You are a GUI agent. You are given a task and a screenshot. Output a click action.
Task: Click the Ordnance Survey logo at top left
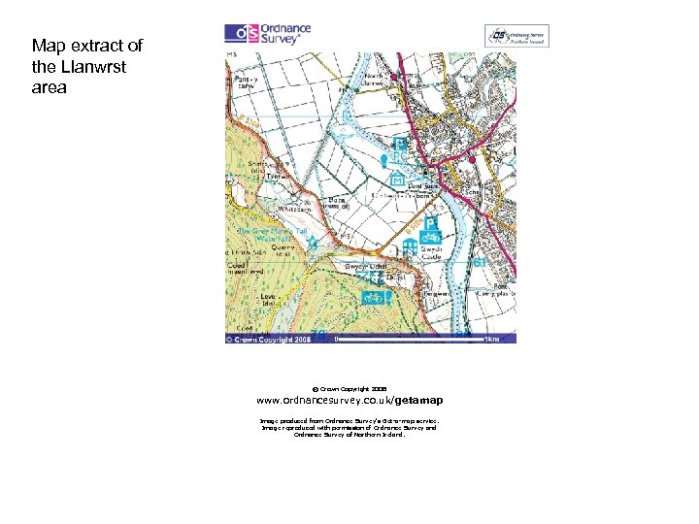coord(269,34)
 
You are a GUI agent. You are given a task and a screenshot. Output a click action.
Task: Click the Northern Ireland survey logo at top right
coord(517,37)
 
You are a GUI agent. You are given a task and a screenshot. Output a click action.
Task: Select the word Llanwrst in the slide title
coord(99,66)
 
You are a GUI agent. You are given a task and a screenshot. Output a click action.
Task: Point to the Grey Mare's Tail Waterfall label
coord(274,236)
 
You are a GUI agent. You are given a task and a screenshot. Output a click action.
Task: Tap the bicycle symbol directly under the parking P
coord(432,237)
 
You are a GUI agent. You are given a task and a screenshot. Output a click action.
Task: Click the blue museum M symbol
coord(397,180)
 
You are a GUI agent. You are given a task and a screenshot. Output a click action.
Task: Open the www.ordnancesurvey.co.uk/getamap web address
coord(349,400)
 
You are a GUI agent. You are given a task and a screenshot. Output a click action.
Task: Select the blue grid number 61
coord(479,263)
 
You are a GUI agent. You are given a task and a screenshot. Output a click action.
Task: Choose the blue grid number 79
coord(317,335)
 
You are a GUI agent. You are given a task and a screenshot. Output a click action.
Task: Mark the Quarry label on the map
coord(283,247)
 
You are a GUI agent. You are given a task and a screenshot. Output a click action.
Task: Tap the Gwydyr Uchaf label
coord(366,266)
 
